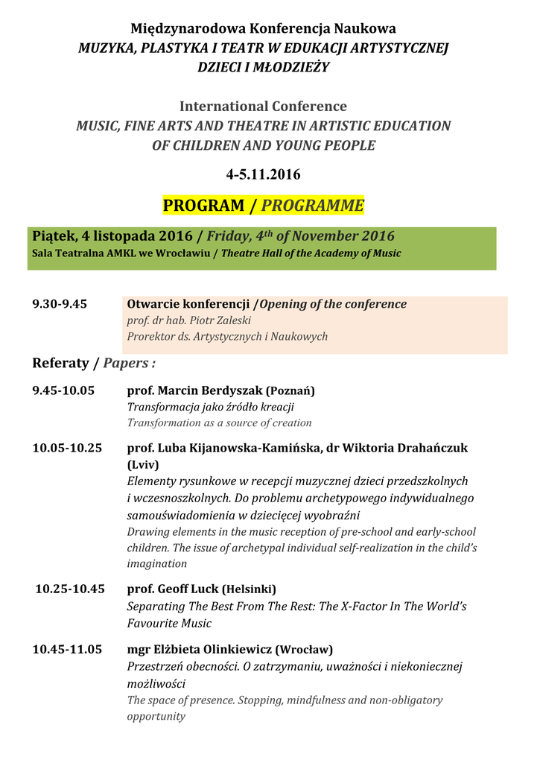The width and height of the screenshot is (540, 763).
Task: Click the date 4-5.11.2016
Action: coord(263,175)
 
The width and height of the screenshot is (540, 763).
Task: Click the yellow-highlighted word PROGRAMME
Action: coord(313,206)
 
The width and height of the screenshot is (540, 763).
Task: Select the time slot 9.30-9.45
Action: coord(60,304)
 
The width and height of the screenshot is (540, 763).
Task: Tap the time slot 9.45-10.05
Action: coord(63,390)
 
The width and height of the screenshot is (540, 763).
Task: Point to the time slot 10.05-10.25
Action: coord(67,448)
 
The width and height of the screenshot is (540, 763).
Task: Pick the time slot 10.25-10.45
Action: coord(70,589)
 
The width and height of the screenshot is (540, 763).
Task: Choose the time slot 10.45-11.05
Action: coord(67,649)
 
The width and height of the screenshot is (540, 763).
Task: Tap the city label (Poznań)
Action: coord(291,391)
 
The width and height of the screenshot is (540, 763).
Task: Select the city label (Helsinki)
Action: coord(250,589)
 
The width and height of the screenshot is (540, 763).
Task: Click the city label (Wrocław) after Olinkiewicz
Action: coord(305,650)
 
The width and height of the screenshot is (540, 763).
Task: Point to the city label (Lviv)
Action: coord(143,465)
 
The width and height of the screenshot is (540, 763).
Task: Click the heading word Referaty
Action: coord(60,363)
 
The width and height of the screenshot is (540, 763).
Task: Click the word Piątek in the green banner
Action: coord(54,236)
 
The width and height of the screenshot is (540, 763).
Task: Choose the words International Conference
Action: coord(263,107)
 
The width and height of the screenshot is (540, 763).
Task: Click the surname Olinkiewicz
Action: coord(234,649)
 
